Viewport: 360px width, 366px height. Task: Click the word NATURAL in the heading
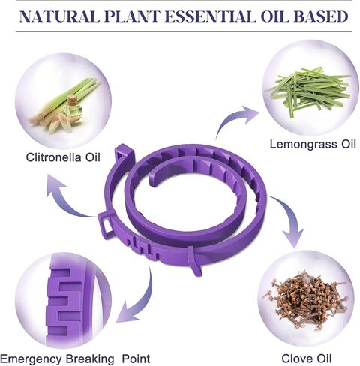pyautogui.click(x=59, y=16)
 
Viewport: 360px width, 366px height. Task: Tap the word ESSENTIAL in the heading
pyautogui.click(x=210, y=16)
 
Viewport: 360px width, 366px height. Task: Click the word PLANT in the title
pyautogui.click(x=132, y=16)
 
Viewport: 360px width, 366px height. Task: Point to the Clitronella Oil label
pyautogui.click(x=63, y=157)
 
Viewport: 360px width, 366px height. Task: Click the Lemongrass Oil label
pyautogui.click(x=313, y=145)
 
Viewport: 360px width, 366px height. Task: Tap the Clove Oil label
pyautogui.click(x=307, y=358)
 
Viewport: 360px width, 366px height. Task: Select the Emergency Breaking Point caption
pyautogui.click(x=75, y=359)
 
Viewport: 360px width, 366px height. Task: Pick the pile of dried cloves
pyautogui.click(x=305, y=300)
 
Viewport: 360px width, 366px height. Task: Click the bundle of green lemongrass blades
pyautogui.click(x=310, y=90)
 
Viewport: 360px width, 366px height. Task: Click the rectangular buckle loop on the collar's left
pyautogui.click(x=106, y=224)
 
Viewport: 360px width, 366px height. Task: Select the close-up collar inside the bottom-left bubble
pyautogui.click(x=73, y=300)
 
